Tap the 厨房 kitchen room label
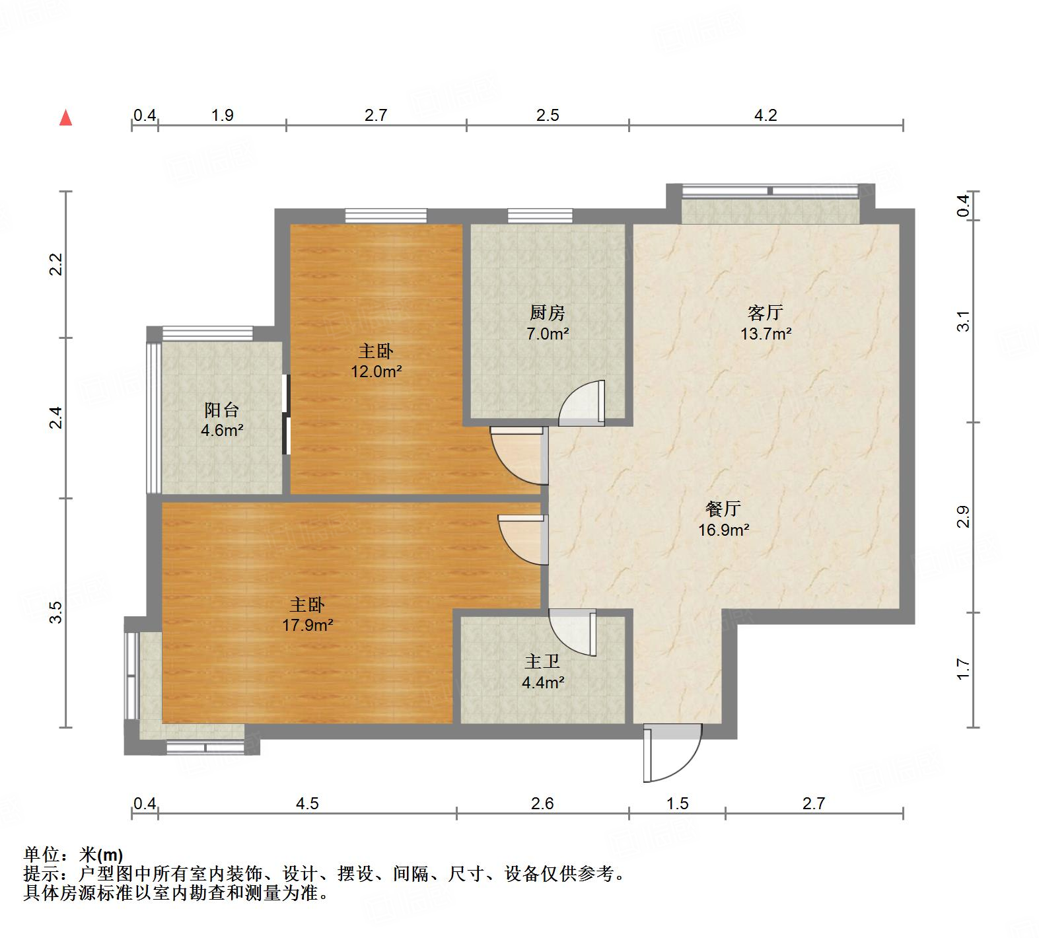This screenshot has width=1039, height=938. pyautogui.click(x=547, y=312)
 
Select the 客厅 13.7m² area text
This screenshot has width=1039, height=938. pyautogui.click(x=766, y=334)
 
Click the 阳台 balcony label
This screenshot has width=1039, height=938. pyautogui.click(x=221, y=410)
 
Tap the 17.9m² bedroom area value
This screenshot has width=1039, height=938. pyautogui.click(x=308, y=625)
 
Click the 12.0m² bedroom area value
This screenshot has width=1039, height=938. pyautogui.click(x=376, y=371)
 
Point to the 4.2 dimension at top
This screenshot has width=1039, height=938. pyautogui.click(x=766, y=116)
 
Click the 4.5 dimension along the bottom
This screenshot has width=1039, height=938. pyautogui.click(x=307, y=803)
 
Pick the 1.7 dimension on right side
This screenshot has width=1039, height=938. pyautogui.click(x=964, y=669)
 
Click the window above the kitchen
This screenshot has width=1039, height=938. pyautogui.click(x=540, y=215)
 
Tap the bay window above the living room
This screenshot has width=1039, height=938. pyautogui.click(x=770, y=192)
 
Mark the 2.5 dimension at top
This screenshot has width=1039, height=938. pyautogui.click(x=548, y=116)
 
